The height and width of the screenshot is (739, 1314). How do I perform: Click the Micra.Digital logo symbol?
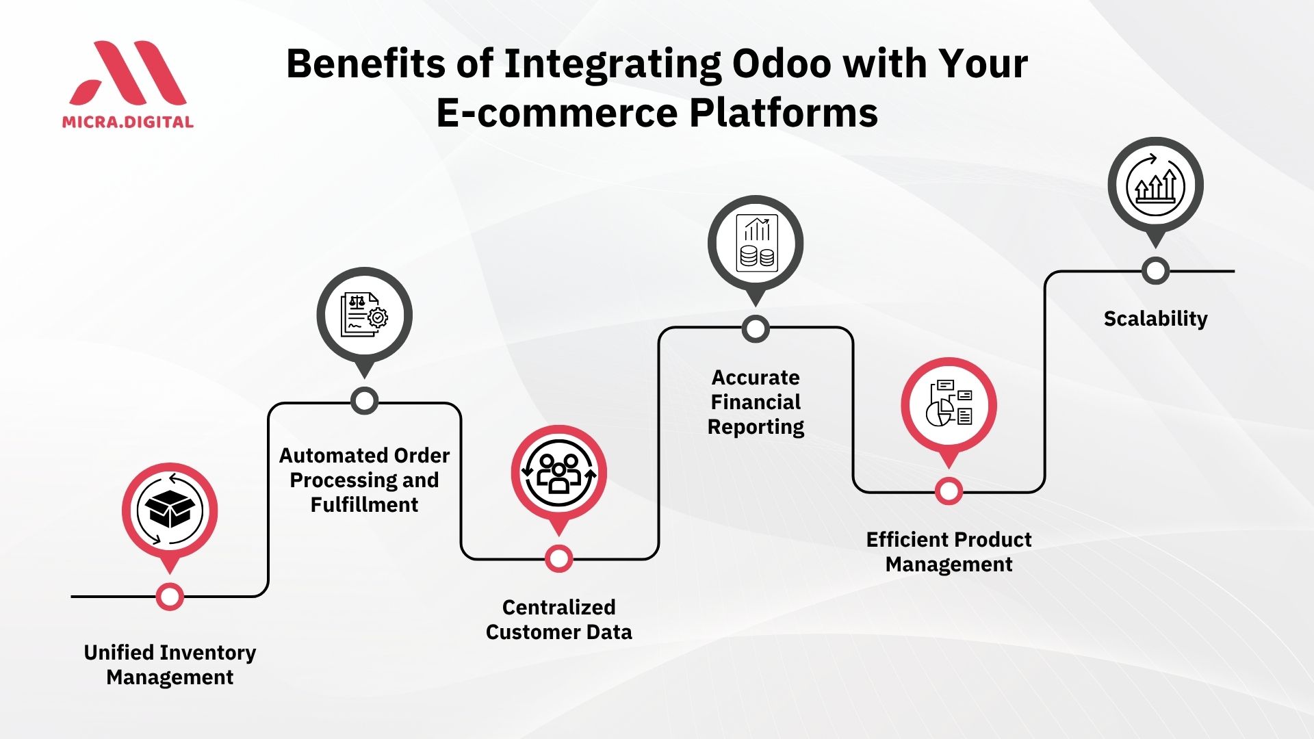click(128, 73)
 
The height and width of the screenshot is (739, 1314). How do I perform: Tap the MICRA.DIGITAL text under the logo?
click(128, 122)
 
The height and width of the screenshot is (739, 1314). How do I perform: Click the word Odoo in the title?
click(782, 64)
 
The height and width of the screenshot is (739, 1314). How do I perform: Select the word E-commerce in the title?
click(557, 113)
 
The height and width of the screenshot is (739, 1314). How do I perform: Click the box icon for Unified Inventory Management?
click(170, 510)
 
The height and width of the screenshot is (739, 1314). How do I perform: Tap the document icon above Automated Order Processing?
click(365, 315)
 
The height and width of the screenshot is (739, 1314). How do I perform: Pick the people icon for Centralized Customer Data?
click(559, 473)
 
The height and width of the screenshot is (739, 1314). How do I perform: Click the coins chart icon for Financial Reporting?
click(756, 244)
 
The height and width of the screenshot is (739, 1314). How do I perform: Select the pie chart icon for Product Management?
click(949, 404)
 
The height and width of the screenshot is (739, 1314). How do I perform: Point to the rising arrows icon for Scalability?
click(1156, 185)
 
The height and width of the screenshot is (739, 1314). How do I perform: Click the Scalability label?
click(1155, 319)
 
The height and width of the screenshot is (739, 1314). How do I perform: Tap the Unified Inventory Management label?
click(170, 664)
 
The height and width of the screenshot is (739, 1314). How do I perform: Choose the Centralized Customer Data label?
click(559, 619)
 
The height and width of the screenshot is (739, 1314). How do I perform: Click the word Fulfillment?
click(364, 505)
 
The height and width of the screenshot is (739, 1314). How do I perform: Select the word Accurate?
click(756, 378)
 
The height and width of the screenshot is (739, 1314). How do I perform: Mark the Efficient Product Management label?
click(949, 552)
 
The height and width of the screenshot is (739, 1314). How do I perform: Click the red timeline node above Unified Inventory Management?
click(170, 597)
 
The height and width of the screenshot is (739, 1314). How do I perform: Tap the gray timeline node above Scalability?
click(1155, 271)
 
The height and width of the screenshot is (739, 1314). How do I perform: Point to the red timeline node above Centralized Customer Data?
click(559, 559)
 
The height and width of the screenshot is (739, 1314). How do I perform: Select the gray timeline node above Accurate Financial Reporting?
click(756, 329)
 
